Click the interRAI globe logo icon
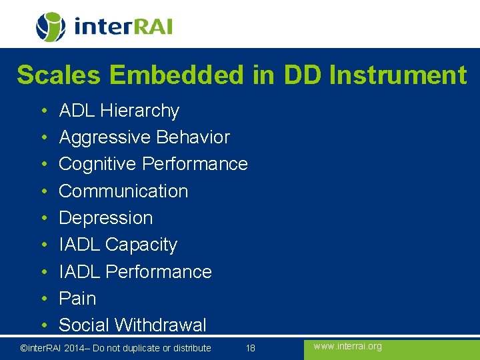(x=51, y=27)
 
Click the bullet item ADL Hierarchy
(x=119, y=111)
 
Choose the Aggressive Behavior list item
(x=144, y=137)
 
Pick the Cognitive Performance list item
(x=153, y=164)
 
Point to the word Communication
(x=123, y=191)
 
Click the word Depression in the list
(x=105, y=218)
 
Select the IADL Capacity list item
(x=118, y=245)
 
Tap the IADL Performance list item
(x=135, y=272)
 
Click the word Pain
(x=77, y=299)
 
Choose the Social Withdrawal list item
(x=132, y=325)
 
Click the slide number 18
(x=251, y=348)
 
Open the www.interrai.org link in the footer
(x=347, y=346)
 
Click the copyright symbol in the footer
(x=23, y=348)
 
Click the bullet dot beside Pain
(x=42, y=299)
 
